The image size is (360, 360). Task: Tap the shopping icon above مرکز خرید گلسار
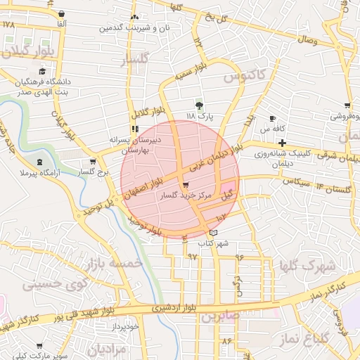pos(185,186)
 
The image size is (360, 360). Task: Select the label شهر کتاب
pos(214,243)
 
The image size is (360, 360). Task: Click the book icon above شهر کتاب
pos(214,233)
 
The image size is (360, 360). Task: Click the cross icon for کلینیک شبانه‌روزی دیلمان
pos(282,143)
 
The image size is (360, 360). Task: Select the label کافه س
pos(271,129)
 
